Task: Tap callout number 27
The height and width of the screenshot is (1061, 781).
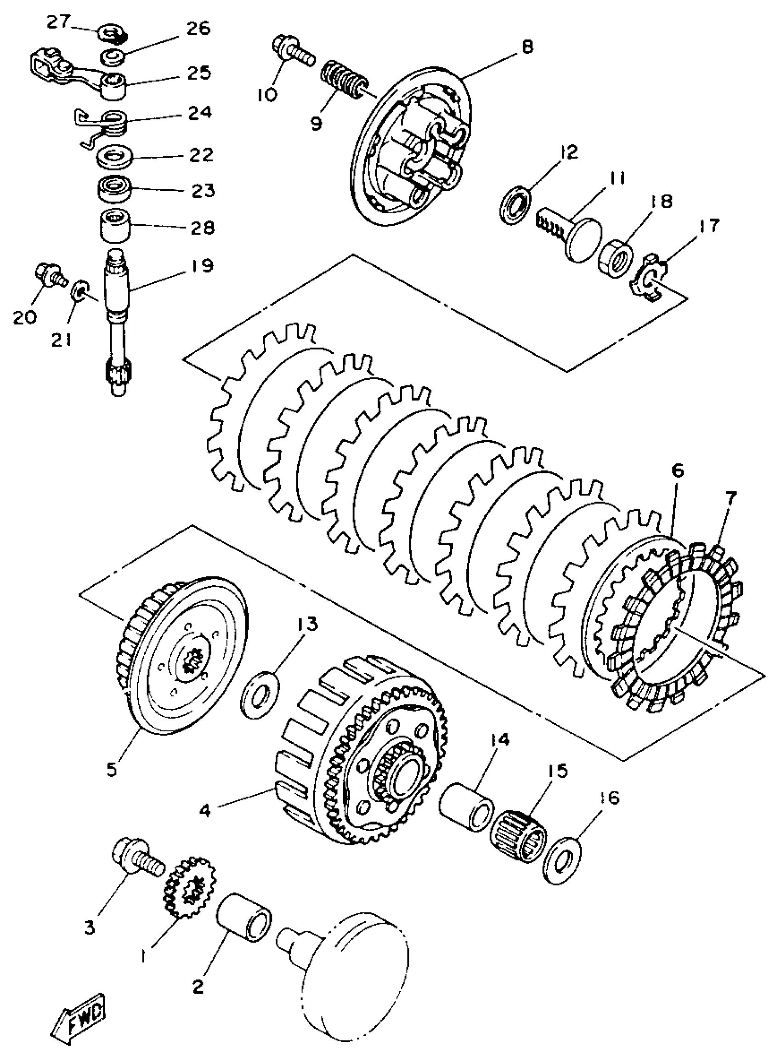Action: point(58,22)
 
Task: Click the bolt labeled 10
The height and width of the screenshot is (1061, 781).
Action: point(292,51)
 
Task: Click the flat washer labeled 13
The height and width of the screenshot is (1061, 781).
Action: point(260,693)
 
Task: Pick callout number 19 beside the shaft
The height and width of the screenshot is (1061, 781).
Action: point(202,265)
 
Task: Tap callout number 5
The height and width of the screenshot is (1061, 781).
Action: point(111,770)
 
